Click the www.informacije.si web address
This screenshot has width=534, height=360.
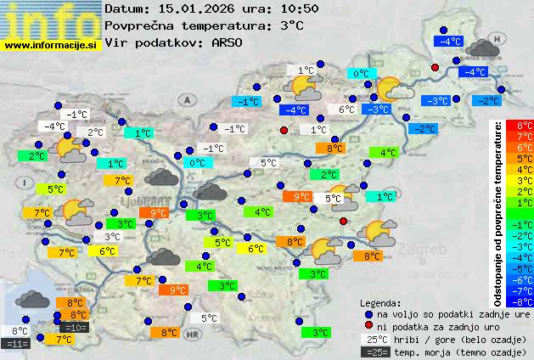click(x=50, y=44)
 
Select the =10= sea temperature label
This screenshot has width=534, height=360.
click(x=75, y=327)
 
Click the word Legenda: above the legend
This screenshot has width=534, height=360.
click(x=380, y=302)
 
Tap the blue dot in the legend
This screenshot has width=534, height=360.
click(x=368, y=314)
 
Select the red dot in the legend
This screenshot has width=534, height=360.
click(x=368, y=326)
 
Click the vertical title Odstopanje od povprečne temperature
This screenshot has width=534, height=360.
click(x=498, y=212)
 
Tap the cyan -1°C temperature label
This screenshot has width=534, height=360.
click(x=246, y=101)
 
